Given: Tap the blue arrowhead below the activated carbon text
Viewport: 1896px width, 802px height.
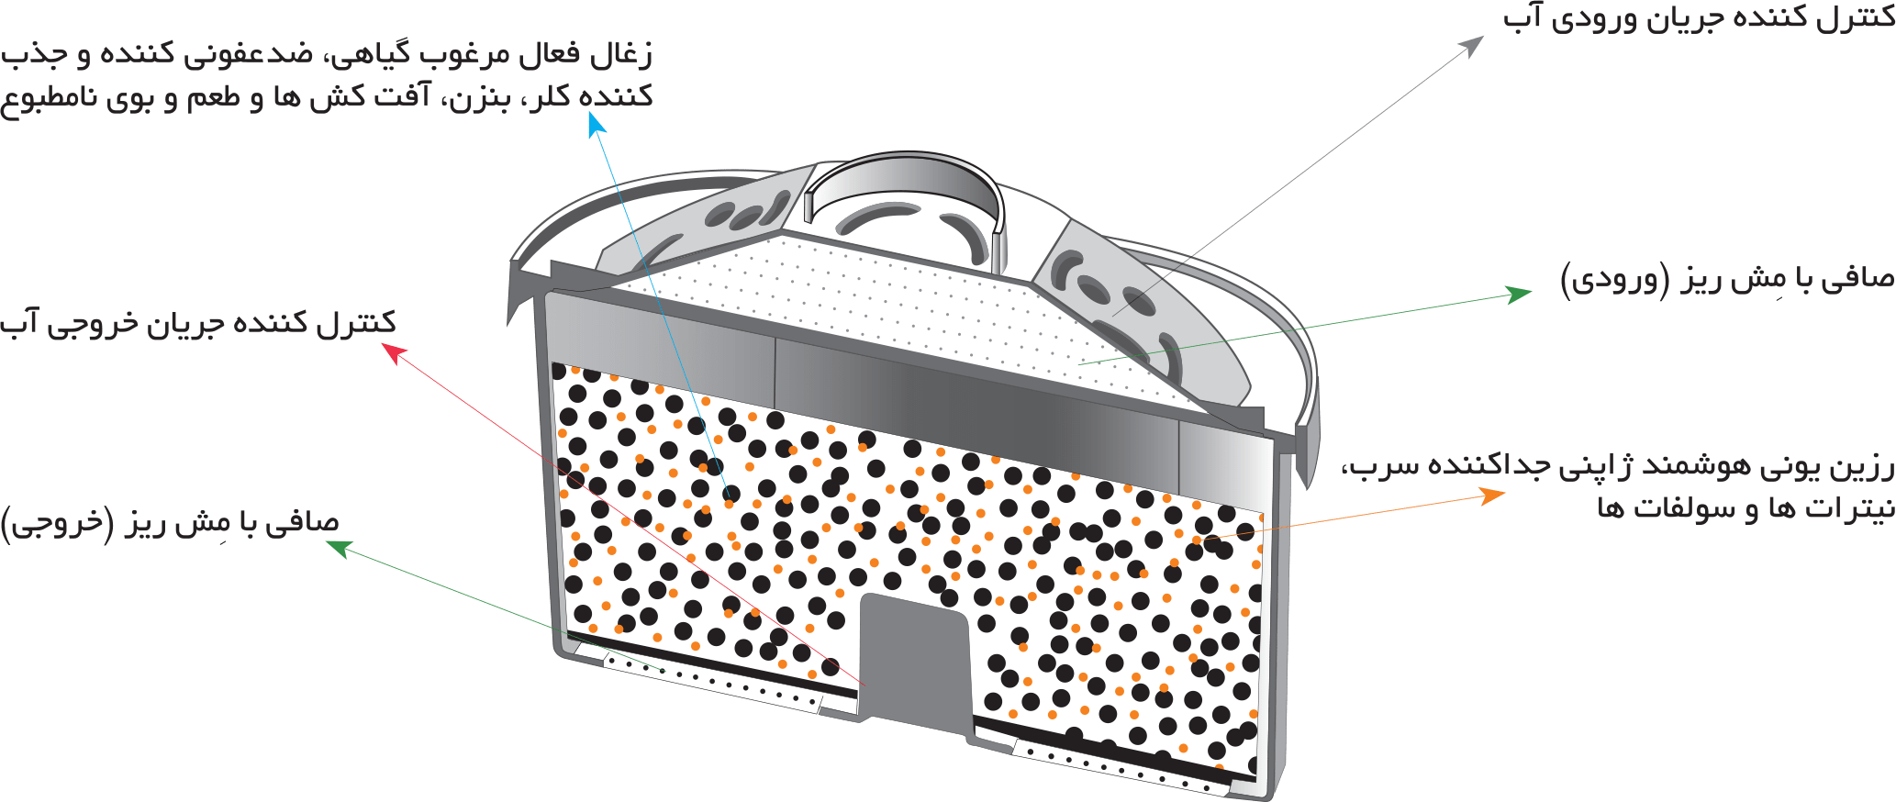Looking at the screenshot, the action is pos(597,127).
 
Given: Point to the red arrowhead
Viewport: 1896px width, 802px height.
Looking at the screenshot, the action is pos(393,352).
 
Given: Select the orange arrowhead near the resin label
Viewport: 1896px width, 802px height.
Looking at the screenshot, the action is pos(1493,496).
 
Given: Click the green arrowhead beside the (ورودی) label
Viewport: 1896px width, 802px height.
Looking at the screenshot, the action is pos(1520,294).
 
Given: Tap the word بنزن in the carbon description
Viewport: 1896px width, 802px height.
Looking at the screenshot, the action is pos(476,97).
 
